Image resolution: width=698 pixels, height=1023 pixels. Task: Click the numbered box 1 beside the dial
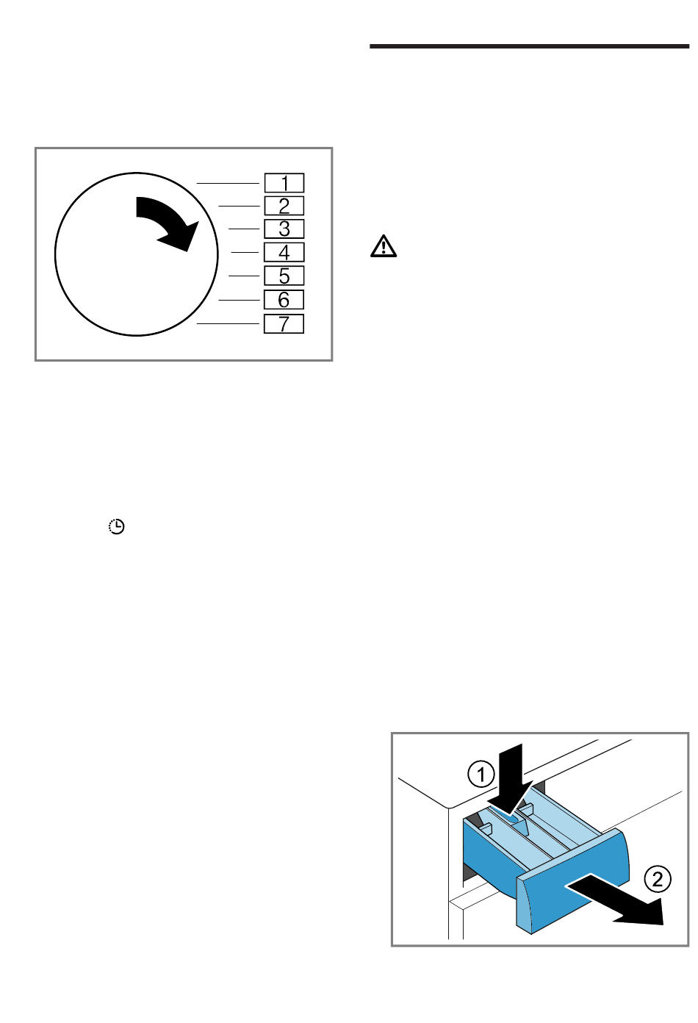(x=284, y=183)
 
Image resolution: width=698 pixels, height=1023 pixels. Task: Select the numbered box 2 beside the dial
(x=284, y=206)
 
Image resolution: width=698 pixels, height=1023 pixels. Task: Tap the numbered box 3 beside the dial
(x=284, y=229)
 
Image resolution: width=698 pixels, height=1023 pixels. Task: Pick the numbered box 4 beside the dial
(x=284, y=252)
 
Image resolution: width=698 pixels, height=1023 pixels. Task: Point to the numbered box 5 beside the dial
(x=284, y=276)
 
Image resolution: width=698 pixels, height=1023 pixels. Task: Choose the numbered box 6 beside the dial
(x=284, y=300)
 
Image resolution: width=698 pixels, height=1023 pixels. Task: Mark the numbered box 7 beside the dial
(x=284, y=324)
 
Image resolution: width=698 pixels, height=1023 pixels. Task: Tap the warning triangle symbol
(x=384, y=246)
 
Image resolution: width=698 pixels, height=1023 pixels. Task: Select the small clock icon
(x=116, y=527)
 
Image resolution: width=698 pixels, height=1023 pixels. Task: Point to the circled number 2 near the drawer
(x=658, y=879)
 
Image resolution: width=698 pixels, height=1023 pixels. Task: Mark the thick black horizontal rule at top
(x=530, y=46)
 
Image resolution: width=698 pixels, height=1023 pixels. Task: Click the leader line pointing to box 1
(x=228, y=183)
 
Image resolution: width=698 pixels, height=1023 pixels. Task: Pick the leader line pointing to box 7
(x=228, y=324)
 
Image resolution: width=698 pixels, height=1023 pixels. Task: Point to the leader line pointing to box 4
(x=245, y=252)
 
